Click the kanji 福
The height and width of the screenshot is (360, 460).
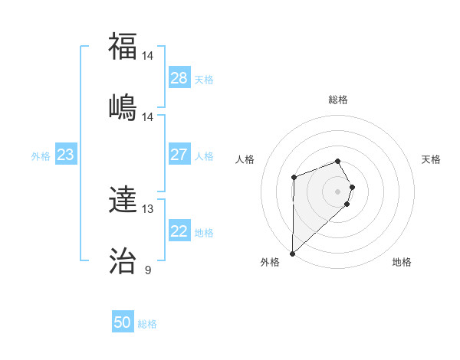click(x=123, y=47)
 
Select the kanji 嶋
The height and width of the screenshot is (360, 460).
click(x=123, y=106)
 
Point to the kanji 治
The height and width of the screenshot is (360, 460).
click(x=123, y=260)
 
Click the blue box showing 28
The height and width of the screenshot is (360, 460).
click(x=179, y=78)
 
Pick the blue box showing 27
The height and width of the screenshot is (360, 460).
click(x=179, y=155)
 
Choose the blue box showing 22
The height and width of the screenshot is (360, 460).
click(x=179, y=232)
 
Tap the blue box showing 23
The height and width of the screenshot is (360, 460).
click(x=65, y=155)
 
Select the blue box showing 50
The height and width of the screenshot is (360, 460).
click(x=123, y=323)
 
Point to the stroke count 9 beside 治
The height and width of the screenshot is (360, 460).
click(x=148, y=270)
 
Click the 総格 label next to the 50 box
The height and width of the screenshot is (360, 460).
click(x=147, y=324)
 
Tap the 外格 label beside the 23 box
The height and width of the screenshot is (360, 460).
click(x=41, y=156)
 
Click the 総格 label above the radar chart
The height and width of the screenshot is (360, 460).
click(x=338, y=100)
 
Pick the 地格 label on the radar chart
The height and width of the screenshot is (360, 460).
click(x=402, y=262)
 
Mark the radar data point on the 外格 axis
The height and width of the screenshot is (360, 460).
click(x=292, y=253)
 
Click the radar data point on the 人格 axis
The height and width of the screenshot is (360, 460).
click(x=294, y=177)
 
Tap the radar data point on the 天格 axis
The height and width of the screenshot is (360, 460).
click(x=352, y=187)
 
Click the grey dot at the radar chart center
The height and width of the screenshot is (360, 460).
click(x=338, y=191)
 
